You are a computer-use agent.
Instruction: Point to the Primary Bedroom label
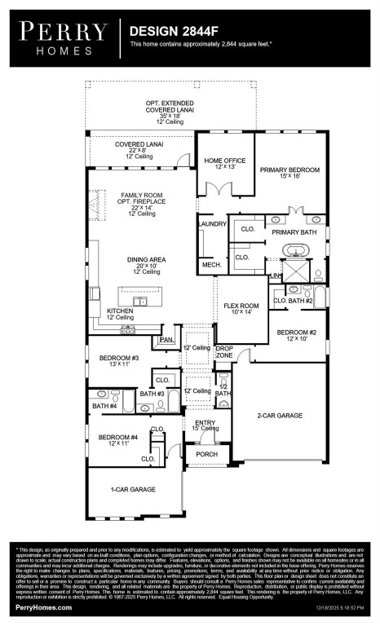(x=289, y=170)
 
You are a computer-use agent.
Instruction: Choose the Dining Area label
(x=146, y=260)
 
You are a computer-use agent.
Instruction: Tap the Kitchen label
(x=122, y=311)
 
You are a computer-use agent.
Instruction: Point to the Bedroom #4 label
(x=119, y=438)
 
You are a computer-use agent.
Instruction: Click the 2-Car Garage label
(x=280, y=416)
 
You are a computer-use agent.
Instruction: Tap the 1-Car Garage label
(x=133, y=489)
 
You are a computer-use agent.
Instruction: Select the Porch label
(x=206, y=455)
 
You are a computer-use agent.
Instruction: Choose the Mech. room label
(x=212, y=265)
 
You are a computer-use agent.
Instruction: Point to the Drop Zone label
(x=224, y=352)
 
